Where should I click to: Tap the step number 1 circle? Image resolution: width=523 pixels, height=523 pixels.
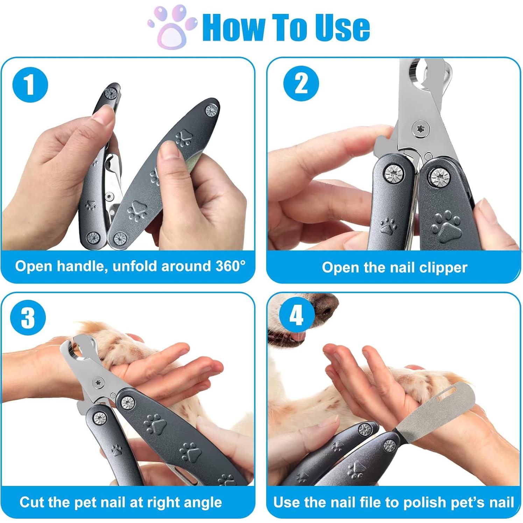[x=30, y=85]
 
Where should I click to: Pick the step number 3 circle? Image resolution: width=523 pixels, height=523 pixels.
[x=28, y=318]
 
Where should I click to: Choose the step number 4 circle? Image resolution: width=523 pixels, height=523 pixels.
[x=296, y=316]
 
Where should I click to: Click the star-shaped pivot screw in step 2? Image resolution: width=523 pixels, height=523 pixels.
[x=419, y=128]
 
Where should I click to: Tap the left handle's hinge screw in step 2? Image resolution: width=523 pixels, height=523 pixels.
[x=394, y=173]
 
